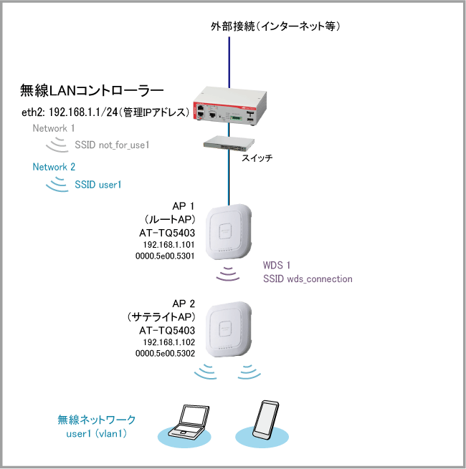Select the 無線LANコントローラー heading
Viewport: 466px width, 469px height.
[92, 91]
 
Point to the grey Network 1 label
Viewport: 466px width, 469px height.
[54, 128]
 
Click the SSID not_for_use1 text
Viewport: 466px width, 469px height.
[112, 145]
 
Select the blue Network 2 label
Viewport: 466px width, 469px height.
[54, 167]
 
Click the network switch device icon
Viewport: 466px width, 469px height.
[228, 144]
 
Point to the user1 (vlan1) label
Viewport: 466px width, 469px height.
[97, 432]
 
